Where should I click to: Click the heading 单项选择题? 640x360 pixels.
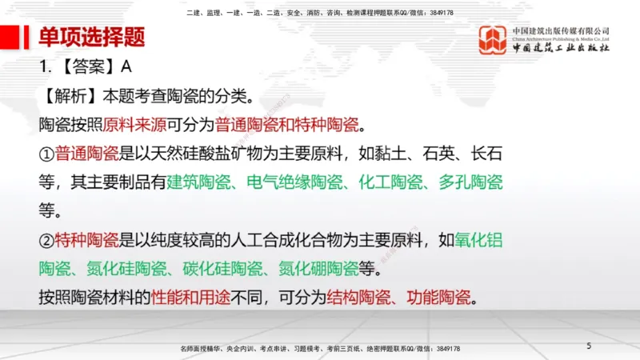[x=91, y=38]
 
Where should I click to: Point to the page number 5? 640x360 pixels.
[x=589, y=346]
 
